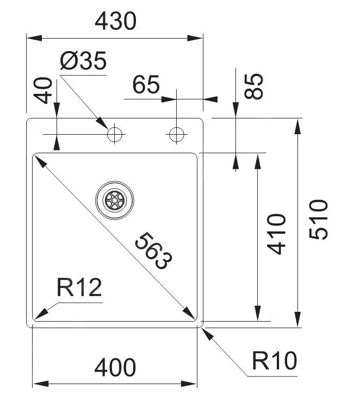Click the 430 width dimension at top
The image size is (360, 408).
click(115, 21)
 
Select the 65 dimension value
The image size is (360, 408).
click(146, 85)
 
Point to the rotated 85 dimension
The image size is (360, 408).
click(253, 86)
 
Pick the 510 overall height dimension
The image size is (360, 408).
click(319, 219)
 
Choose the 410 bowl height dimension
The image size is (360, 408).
click(277, 234)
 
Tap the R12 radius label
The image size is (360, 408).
click(79, 288)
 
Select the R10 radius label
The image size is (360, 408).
click(275, 361)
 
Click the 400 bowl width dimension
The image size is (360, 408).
click(115, 368)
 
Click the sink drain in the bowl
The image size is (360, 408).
click(114, 199)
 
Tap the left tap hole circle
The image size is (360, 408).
click(115, 134)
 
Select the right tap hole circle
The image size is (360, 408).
click(177, 134)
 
